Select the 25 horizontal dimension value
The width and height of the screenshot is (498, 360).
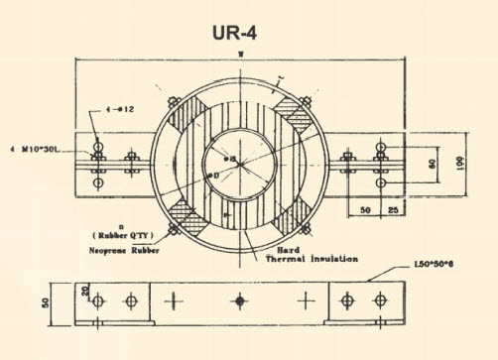pos(394,211)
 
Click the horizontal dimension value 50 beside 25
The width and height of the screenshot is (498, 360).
pos(366,211)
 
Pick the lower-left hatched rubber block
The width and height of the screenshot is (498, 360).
pos(184,210)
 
